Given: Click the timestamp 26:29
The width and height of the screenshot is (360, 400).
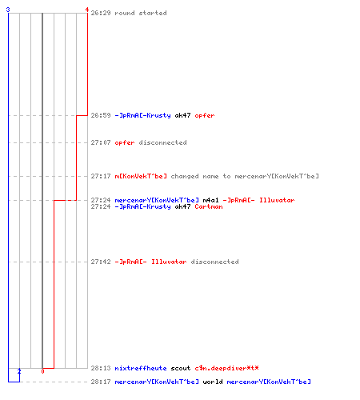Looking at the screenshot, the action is coord(101,13).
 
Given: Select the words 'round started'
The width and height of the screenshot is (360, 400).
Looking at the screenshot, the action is coord(141,13).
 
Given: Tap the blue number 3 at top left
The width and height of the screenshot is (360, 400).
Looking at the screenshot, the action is coord(8,10).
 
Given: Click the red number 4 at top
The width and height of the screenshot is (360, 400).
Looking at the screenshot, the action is coord(86,10).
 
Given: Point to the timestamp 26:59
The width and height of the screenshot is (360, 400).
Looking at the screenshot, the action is coord(101,115).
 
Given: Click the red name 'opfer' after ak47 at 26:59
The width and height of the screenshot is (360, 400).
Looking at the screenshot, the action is coord(205,115).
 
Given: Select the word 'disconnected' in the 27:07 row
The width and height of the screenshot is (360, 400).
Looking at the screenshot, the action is coord(162,142).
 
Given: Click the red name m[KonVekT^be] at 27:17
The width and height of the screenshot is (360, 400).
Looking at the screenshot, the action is coord(141,176).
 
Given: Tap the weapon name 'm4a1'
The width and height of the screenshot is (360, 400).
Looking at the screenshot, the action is coord(210,200).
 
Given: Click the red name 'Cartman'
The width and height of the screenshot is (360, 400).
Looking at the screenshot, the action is coord(209,206).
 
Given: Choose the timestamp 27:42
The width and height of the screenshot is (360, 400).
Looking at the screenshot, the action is coord(101,262).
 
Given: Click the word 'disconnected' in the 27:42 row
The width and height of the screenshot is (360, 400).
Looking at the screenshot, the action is coord(214,262).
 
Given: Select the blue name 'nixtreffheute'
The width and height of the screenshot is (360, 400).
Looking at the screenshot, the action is coord(141,368).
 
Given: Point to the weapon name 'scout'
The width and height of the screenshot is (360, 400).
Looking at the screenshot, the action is coord(181,368).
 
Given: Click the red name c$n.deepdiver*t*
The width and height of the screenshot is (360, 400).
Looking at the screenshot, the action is coord(226,368).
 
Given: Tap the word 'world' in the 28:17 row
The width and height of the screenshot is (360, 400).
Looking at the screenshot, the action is coord(213,382).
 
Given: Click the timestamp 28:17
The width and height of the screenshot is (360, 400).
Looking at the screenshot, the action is coord(101,382).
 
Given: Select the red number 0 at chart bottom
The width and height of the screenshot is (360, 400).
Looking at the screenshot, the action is coord(42,371).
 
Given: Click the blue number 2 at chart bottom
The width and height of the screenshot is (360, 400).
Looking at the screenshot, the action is coord(19,371).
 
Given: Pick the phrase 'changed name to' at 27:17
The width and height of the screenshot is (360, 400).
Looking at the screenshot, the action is coord(201,176).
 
